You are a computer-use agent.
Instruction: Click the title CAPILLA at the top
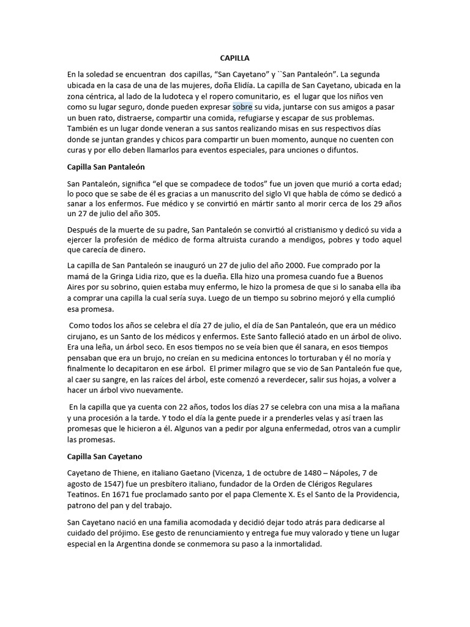pyautogui.click(x=235, y=58)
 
